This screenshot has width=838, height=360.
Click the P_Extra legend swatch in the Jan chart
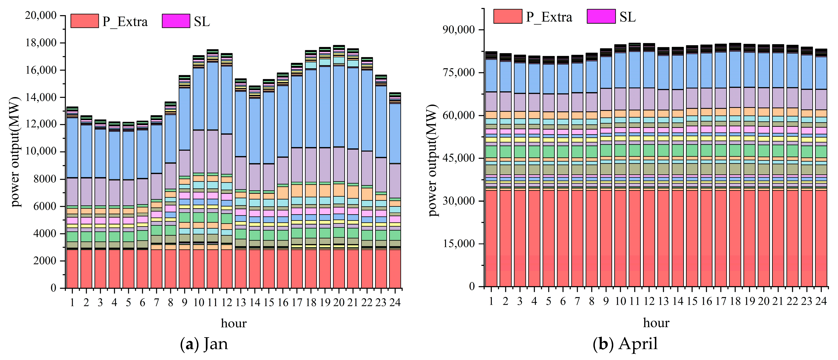click(85, 21)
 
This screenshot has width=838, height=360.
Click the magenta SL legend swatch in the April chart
click(601, 16)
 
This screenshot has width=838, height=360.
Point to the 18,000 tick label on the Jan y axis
click(41, 43)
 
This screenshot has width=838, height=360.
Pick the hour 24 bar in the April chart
click(821, 168)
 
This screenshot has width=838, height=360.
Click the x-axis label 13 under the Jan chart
click(241, 302)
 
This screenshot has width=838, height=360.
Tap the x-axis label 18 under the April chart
click(735, 301)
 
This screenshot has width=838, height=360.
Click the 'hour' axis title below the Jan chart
click(234, 323)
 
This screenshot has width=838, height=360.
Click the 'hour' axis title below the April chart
click(656, 323)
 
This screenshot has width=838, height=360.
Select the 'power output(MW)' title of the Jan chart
click(15, 152)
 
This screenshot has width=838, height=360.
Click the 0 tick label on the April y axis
click(472, 287)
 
